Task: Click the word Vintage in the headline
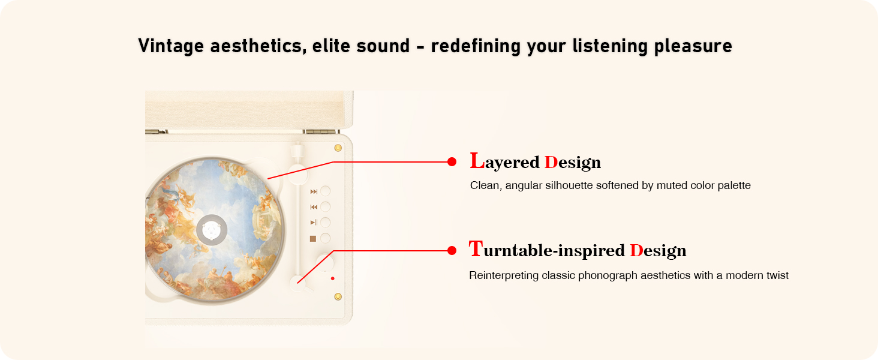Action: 171,46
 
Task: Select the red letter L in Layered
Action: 477,161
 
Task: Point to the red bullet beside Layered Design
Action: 452,162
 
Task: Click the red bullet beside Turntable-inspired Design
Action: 452,251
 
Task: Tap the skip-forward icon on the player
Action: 314,191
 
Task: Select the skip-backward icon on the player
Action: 314,207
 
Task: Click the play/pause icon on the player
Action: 314,223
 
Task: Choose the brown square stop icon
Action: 313,238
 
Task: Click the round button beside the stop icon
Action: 325,238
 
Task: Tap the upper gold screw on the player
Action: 338,148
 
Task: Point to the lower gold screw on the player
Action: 338,297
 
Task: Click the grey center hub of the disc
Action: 212,230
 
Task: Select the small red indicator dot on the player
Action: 333,278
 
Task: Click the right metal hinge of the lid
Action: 321,132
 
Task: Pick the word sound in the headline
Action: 383,46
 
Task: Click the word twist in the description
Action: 777,275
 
